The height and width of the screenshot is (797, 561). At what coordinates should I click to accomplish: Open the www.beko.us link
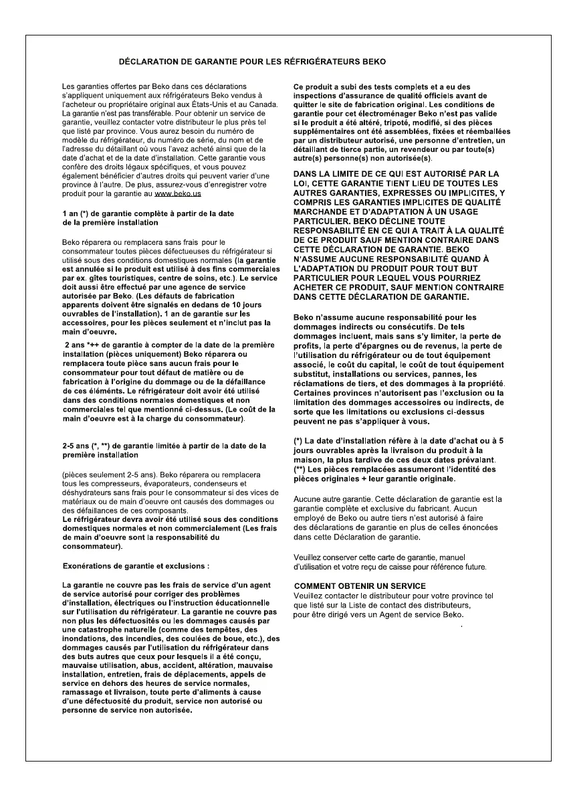tap(178, 193)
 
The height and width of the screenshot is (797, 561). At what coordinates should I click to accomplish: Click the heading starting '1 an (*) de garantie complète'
tap(148, 213)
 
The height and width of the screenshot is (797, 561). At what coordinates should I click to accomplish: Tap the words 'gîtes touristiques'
tap(116, 276)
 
